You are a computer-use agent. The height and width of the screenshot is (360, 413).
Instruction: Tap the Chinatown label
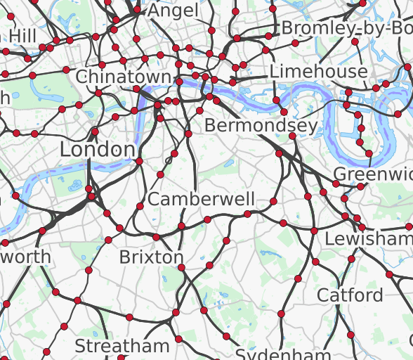124,77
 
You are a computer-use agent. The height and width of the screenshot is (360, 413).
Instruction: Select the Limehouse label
318,71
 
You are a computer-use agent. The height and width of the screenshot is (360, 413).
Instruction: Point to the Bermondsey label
261,126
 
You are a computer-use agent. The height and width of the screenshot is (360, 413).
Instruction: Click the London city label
97,149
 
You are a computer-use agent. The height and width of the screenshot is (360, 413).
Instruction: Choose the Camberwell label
201,199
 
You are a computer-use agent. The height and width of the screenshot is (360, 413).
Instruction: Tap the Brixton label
151,257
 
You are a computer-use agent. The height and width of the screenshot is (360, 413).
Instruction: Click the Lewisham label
368,239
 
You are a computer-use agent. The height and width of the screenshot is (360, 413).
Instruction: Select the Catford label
350,295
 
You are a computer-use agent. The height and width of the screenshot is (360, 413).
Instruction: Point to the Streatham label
122,346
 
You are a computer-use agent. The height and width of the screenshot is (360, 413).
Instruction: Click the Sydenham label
282,354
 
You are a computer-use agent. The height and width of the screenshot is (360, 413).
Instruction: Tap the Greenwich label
373,174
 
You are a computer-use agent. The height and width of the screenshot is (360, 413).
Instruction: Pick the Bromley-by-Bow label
346,28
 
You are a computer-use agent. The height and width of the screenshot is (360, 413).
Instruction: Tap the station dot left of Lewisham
314,231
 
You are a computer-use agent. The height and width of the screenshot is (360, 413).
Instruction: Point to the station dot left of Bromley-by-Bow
268,36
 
